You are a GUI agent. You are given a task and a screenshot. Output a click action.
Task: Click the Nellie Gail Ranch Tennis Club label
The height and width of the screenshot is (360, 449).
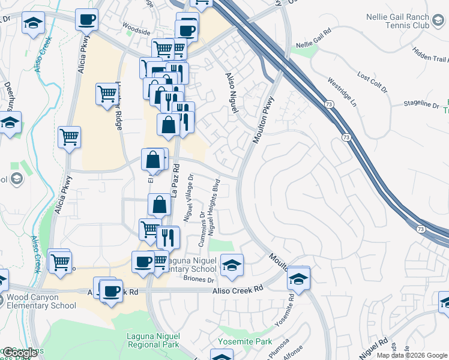point(406,22)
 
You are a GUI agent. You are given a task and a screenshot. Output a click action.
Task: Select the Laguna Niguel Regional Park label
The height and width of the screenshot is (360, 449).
point(153,341)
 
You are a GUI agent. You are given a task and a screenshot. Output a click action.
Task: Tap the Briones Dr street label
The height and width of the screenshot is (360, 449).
point(199,280)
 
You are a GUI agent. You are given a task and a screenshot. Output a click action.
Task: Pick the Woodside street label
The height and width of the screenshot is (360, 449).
point(136,26)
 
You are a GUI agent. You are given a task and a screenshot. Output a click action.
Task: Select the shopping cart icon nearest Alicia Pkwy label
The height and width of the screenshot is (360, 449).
point(70,137)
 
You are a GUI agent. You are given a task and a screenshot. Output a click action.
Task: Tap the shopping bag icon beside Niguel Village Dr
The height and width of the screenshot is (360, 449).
point(160,204)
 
